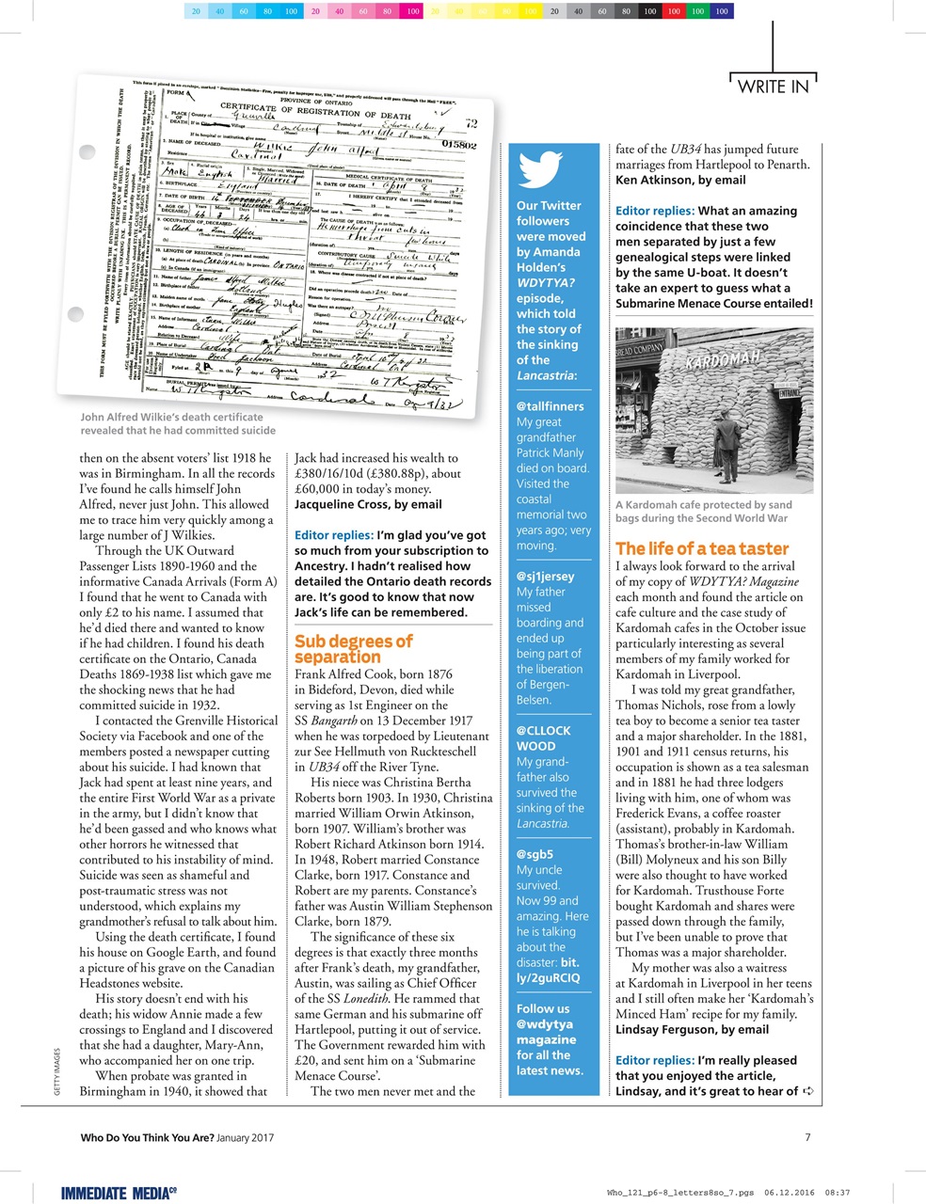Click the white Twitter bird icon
click(540, 169)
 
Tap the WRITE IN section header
click(773, 87)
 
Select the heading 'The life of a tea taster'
click(702, 548)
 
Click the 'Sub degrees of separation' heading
click(353, 649)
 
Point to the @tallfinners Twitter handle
click(550, 406)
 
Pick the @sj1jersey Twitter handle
click(545, 576)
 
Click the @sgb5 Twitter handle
click(535, 854)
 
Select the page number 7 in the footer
click(808, 1137)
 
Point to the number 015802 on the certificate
click(458, 145)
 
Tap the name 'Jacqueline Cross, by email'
click(368, 504)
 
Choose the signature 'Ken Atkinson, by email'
click(680, 180)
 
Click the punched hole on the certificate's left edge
click(88, 151)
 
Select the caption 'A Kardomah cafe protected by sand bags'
click(703, 512)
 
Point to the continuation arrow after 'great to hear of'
click(806, 1091)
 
